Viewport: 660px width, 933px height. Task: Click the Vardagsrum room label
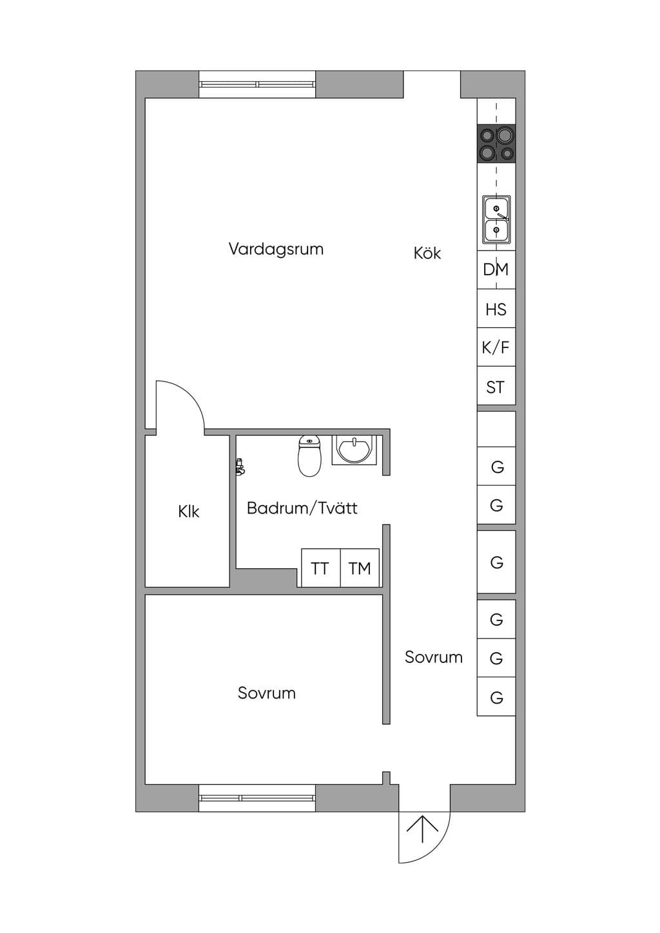point(276,249)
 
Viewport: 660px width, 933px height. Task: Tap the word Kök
point(427,253)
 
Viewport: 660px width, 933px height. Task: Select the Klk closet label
point(188,511)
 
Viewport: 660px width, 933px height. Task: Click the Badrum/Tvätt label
point(302,508)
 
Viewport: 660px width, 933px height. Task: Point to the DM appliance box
point(496,269)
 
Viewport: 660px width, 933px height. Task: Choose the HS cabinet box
point(496,308)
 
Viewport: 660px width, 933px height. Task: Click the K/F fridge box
point(496,347)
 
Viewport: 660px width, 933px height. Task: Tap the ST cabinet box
point(496,386)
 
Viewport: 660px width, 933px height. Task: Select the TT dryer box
point(321,568)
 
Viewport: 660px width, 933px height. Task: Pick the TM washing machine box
point(360,568)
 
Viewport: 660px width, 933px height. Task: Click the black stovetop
point(497,144)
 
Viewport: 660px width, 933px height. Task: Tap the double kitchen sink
point(496,220)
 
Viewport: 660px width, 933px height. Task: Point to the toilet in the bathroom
point(309,456)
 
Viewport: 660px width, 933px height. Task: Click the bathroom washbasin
point(354,450)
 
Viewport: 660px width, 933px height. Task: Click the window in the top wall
point(257,84)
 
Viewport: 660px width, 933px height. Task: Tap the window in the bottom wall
point(257,798)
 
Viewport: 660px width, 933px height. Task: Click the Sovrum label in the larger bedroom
point(267,693)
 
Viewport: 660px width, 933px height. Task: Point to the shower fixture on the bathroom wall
point(240,466)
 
